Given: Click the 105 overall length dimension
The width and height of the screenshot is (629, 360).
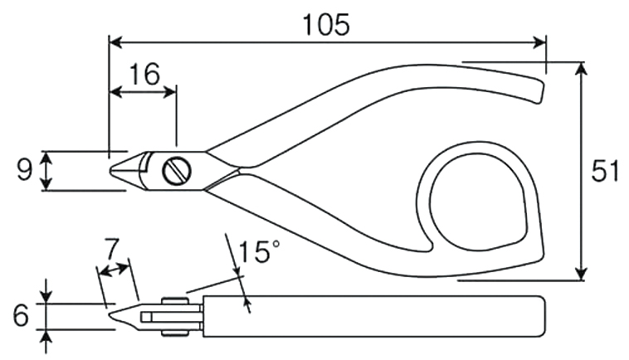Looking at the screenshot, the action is [x=326, y=25].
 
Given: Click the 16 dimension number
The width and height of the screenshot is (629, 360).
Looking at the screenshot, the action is [x=144, y=74].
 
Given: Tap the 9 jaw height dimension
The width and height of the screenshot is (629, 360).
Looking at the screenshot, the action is [x=24, y=171].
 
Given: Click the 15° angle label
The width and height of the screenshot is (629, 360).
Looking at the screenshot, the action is [x=258, y=252].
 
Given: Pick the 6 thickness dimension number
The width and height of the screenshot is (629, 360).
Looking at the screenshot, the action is [x=21, y=315].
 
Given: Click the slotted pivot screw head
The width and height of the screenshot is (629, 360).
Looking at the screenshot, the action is [x=177, y=171].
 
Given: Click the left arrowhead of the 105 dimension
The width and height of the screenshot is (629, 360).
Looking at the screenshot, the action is [x=116, y=42].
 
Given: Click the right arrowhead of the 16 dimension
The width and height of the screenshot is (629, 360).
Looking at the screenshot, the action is [x=169, y=92].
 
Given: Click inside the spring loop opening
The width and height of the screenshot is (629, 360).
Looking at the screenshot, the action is [x=477, y=202].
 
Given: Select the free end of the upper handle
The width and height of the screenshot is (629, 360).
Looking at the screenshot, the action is [x=539, y=91].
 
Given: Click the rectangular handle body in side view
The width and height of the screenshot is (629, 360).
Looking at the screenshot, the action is [x=374, y=317].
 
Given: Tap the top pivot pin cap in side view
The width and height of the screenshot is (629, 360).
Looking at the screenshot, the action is [x=175, y=300].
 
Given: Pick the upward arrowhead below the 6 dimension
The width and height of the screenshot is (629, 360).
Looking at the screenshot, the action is [x=47, y=342].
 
